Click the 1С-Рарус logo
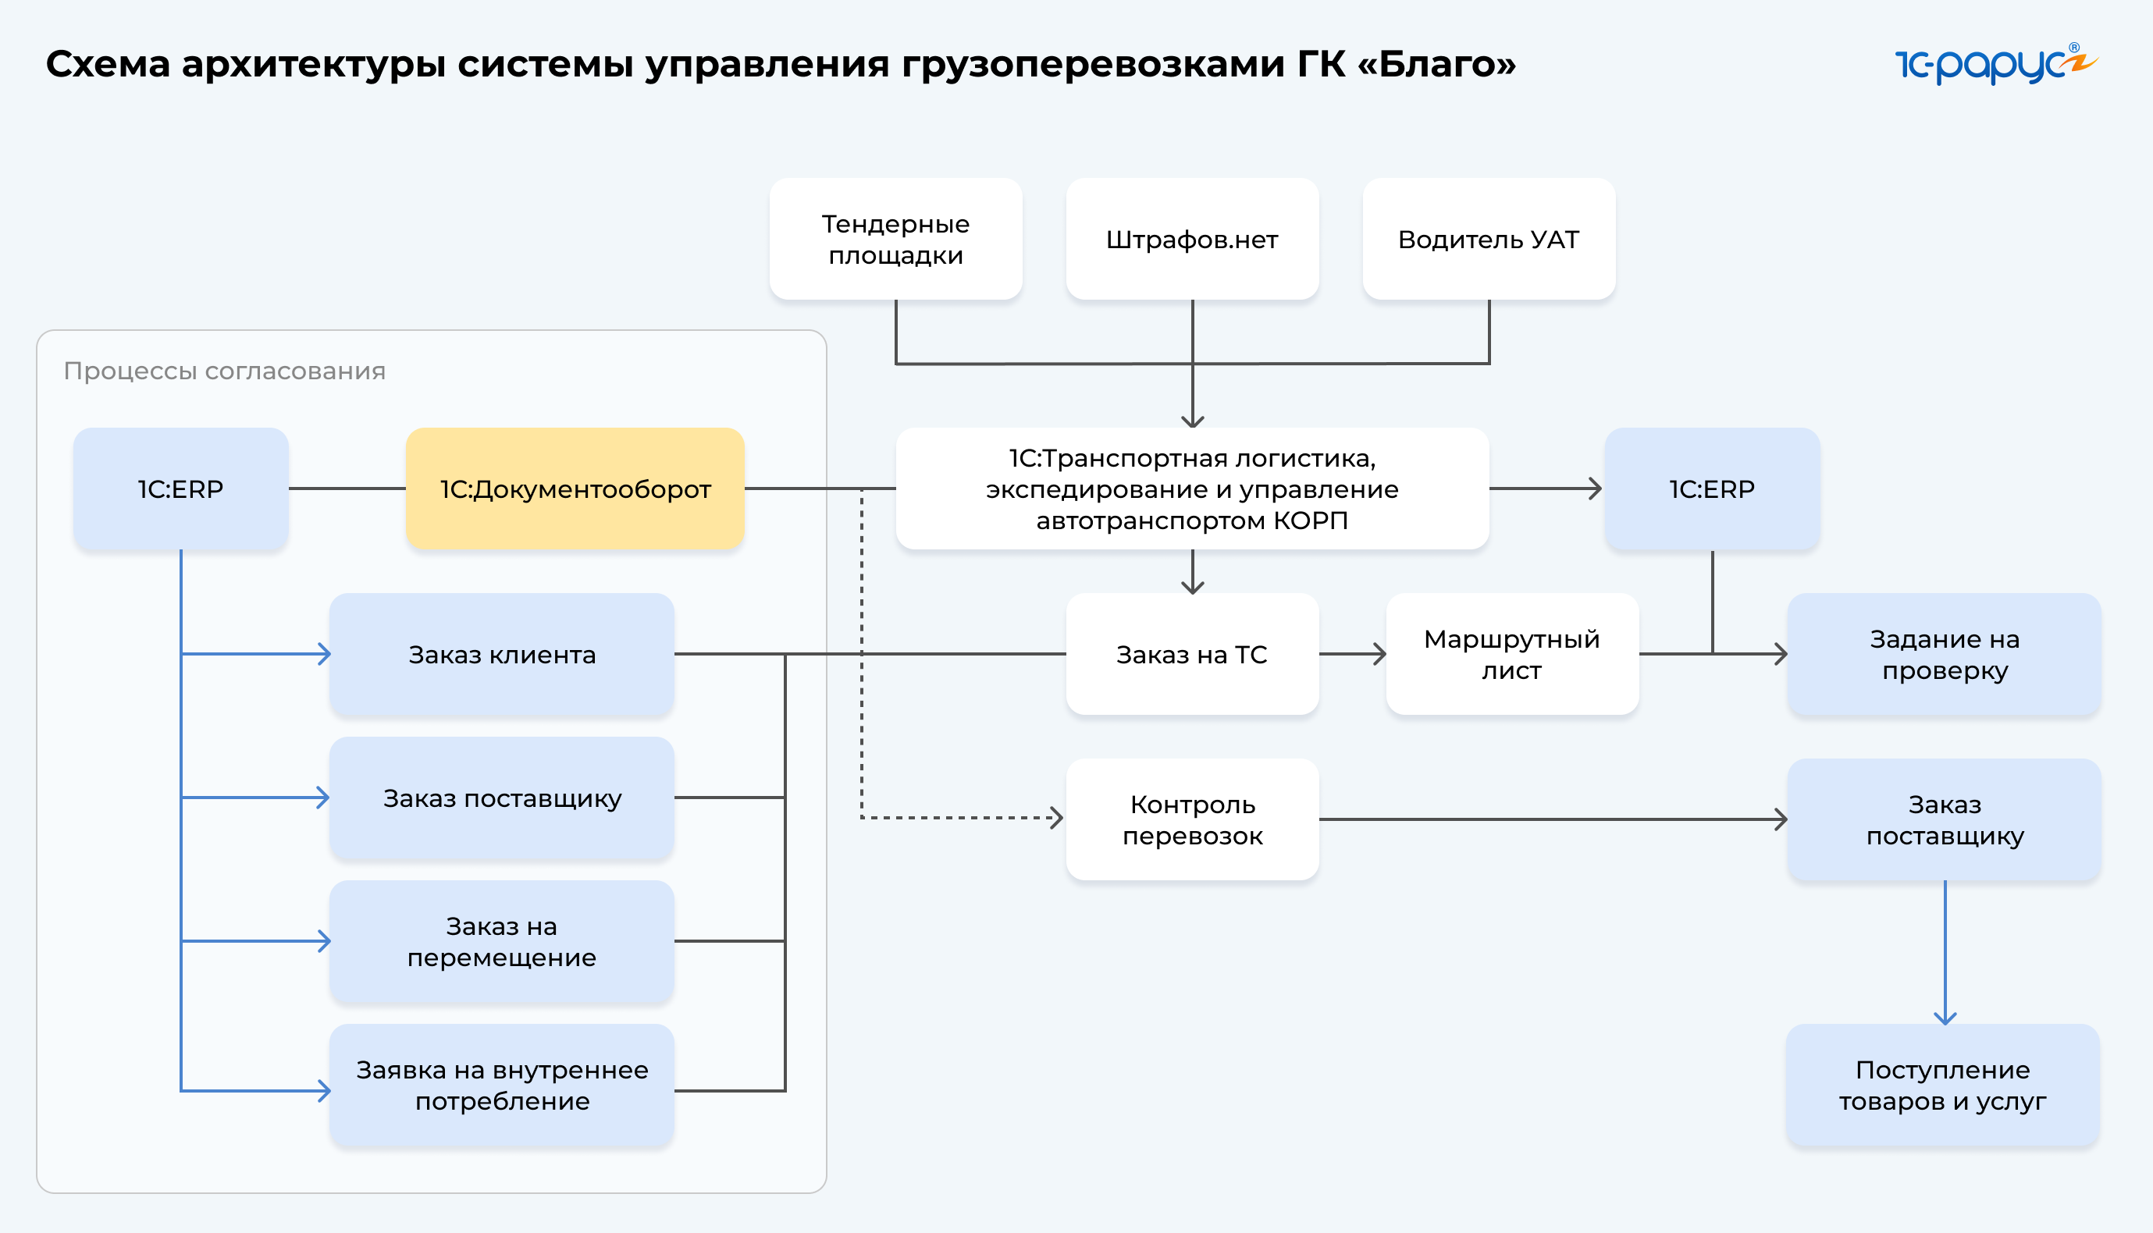pyautogui.click(x=1994, y=64)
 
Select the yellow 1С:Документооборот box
pyautogui.click(x=575, y=489)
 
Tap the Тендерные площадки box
pyautogui.click(x=895, y=239)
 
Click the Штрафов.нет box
pyautogui.click(x=1192, y=239)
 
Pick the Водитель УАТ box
pyautogui.click(x=1488, y=239)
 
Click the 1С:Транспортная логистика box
pyautogui.click(x=1192, y=489)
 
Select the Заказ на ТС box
pyautogui.click(x=1192, y=654)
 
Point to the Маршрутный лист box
pyautogui.click(x=1512, y=654)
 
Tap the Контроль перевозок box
pyautogui.click(x=1192, y=819)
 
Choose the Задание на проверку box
pyautogui.click(x=1944, y=654)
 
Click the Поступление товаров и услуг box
pyautogui.click(x=1942, y=1085)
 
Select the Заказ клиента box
pyautogui.click(x=501, y=654)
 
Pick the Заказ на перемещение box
pyautogui.click(x=501, y=941)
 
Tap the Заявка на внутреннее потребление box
pyautogui.click(x=501, y=1085)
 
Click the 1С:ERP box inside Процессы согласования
pyautogui.click(x=180, y=489)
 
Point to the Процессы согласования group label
pyautogui.click(x=225, y=371)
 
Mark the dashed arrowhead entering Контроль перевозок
pyautogui.click(x=1056, y=817)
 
